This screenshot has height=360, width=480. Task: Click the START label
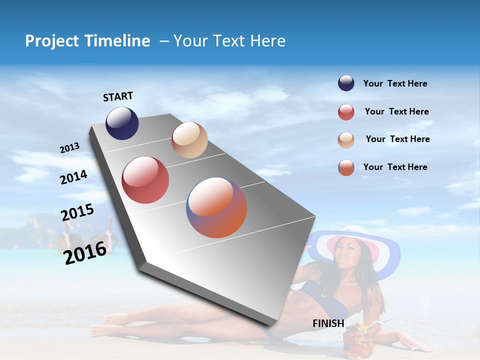pos(118,96)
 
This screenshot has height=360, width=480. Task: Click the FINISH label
pos(328,323)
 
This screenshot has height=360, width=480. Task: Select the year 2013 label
pos(69,148)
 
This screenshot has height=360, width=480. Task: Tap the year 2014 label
pos(73,177)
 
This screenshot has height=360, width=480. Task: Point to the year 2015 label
pos(77,212)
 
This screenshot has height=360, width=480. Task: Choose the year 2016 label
pos(85,252)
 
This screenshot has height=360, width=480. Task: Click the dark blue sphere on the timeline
pos(122,123)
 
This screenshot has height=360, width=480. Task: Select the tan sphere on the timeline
pos(189,140)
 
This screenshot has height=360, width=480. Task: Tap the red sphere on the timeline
pos(145,180)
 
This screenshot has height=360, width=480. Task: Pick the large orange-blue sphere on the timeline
pos(216,207)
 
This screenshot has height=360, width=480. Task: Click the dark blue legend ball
pos(346,83)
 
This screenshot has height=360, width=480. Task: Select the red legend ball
pos(346,112)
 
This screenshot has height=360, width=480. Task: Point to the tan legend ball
pos(346,140)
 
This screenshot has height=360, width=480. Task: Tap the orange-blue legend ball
pos(346,167)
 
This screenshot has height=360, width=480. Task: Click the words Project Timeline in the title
pos(87,41)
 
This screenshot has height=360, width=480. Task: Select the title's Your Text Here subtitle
pos(229,41)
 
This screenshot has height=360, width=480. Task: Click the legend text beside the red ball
pos(396,111)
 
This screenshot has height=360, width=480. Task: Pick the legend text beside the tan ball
pos(397,139)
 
